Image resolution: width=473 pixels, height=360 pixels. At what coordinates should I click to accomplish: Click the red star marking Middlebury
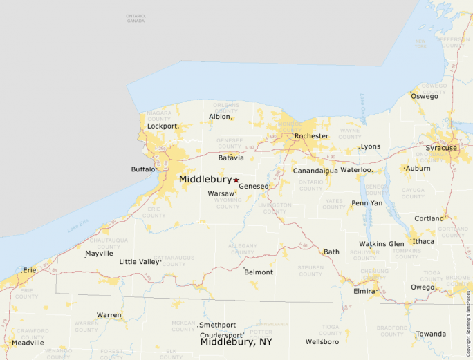pyautogui.click(x=236, y=180)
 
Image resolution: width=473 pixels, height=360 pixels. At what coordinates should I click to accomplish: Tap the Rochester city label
pyautogui.click(x=311, y=136)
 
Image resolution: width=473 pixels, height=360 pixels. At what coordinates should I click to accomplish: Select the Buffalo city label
pyautogui.click(x=143, y=169)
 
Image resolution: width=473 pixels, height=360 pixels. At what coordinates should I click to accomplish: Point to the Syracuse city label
pyautogui.click(x=441, y=148)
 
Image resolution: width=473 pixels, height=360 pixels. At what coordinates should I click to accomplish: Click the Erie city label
pyautogui.click(x=29, y=270)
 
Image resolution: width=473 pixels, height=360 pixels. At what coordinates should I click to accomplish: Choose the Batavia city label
pyautogui.click(x=231, y=158)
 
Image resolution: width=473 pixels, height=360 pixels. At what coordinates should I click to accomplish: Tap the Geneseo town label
pyautogui.click(x=253, y=187)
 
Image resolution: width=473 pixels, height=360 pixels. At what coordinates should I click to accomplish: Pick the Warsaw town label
pyautogui.click(x=221, y=194)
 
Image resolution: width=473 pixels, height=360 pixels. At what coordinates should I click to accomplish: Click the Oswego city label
pyautogui.click(x=425, y=96)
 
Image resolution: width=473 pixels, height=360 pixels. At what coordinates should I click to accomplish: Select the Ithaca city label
pyautogui.click(x=423, y=241)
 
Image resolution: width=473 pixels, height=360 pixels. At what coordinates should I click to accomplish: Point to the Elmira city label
pyautogui.click(x=364, y=292)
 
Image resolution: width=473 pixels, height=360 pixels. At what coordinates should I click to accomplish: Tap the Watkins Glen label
pyautogui.click(x=382, y=244)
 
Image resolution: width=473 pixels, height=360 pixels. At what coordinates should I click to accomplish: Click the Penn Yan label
pyautogui.click(x=367, y=203)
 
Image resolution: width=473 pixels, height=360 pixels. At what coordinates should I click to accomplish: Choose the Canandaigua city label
pyautogui.click(x=315, y=171)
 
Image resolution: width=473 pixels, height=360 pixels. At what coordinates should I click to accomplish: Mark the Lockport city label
pyautogui.click(x=163, y=126)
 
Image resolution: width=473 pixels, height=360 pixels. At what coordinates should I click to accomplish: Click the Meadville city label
pyautogui.click(x=28, y=343)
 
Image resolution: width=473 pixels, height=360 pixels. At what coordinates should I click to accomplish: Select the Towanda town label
pyautogui.click(x=431, y=334)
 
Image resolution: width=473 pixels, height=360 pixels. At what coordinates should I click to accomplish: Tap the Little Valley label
pyautogui.click(x=139, y=262)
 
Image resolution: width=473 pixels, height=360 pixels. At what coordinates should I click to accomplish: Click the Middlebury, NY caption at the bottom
pyautogui.click(x=236, y=342)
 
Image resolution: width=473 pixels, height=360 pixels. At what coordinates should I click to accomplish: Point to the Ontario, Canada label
pyautogui.click(x=136, y=18)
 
